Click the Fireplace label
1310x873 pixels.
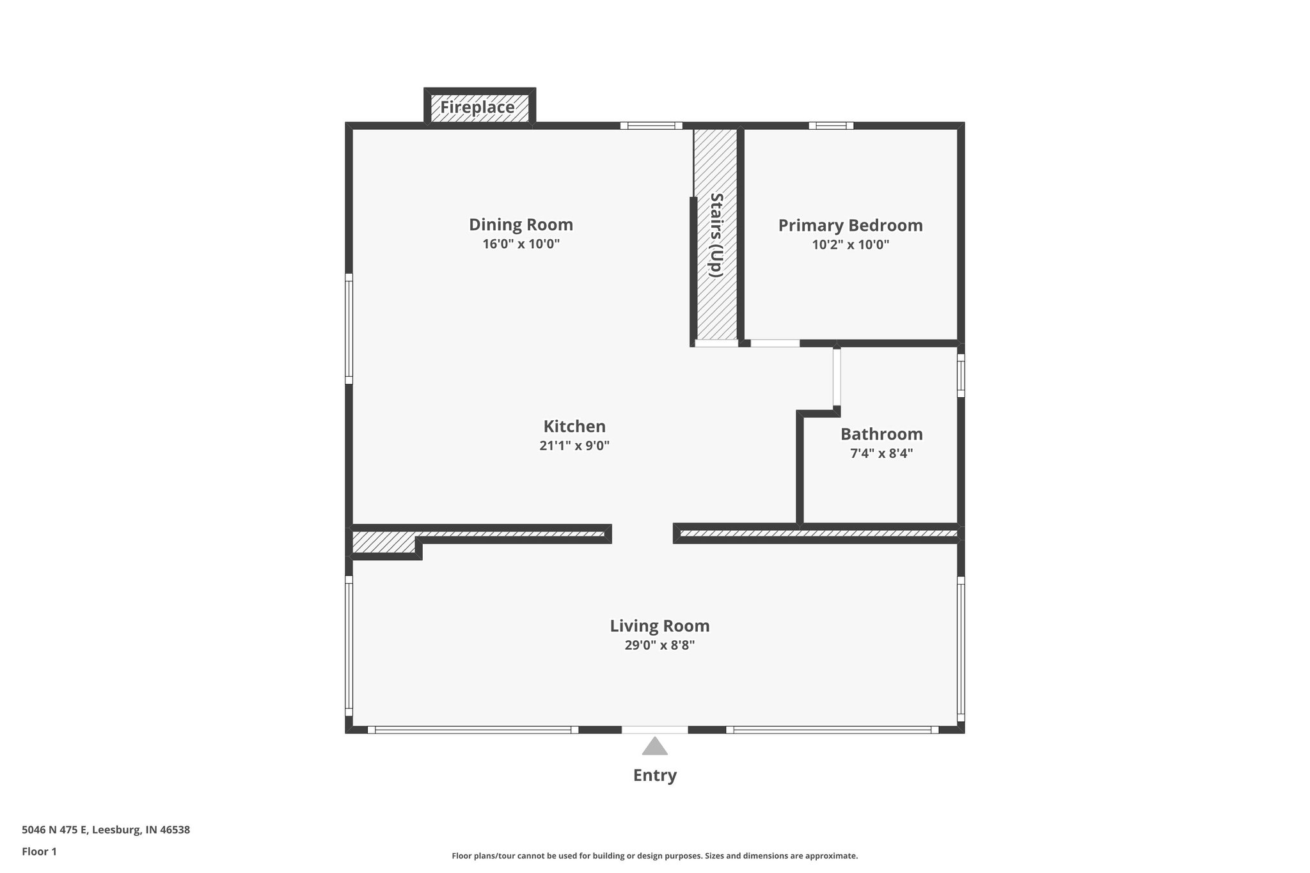tap(477, 107)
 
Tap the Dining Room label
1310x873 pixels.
tap(521, 225)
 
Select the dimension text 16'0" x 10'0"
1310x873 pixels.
tap(521, 244)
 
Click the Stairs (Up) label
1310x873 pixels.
tap(716, 235)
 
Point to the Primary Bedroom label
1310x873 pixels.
tap(850, 226)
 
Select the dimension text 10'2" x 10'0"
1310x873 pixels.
tap(850, 245)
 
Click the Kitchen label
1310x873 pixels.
tap(574, 427)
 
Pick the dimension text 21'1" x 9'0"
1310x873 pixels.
tap(574, 446)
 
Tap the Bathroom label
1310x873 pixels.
tap(881, 434)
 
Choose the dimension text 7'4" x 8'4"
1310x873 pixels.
tap(881, 453)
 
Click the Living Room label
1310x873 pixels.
tap(659, 626)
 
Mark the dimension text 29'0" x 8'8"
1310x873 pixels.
tap(659, 645)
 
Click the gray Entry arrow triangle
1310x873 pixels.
tap(654, 747)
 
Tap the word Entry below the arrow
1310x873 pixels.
tap(654, 776)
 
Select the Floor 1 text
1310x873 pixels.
tap(39, 852)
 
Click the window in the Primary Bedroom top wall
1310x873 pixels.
tap(831, 126)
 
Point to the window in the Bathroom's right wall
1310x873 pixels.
tap(961, 375)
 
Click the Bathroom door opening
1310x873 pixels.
tap(837, 377)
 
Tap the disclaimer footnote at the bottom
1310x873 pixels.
tap(654, 856)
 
